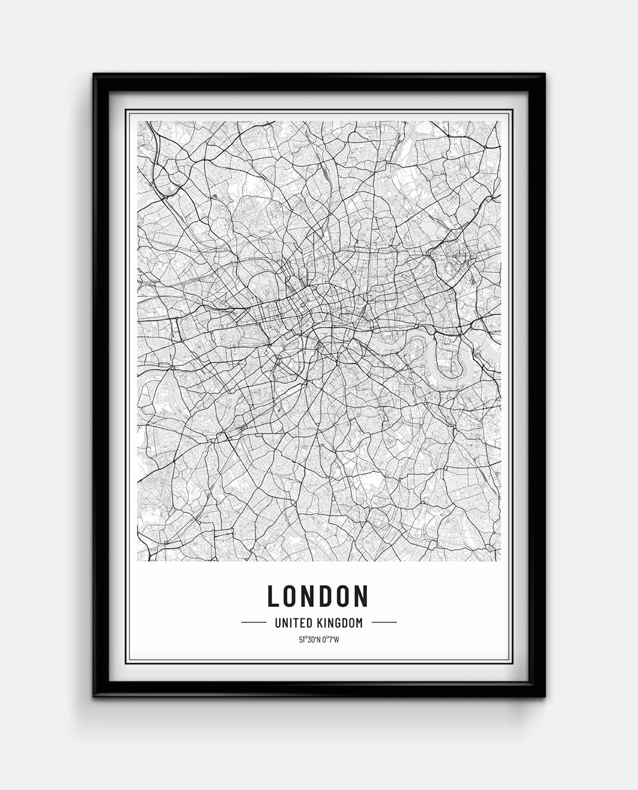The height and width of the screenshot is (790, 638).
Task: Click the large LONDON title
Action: [x=317, y=596]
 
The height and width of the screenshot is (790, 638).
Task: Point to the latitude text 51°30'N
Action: [x=309, y=639]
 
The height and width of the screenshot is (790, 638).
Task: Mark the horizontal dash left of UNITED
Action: [x=253, y=623]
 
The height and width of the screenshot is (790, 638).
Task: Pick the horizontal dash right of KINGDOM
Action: [x=384, y=623]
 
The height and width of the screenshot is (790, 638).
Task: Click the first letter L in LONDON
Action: [x=274, y=596]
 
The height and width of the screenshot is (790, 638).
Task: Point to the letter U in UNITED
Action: [x=277, y=623]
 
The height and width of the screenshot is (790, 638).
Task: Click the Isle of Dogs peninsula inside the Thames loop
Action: [x=450, y=359]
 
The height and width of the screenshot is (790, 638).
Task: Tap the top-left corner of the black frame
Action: [x=94, y=75]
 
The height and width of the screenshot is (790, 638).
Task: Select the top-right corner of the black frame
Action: [x=544, y=75]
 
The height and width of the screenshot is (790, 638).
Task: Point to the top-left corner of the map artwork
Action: [x=138, y=122]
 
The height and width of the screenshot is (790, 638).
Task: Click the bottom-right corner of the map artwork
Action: [x=500, y=560]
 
